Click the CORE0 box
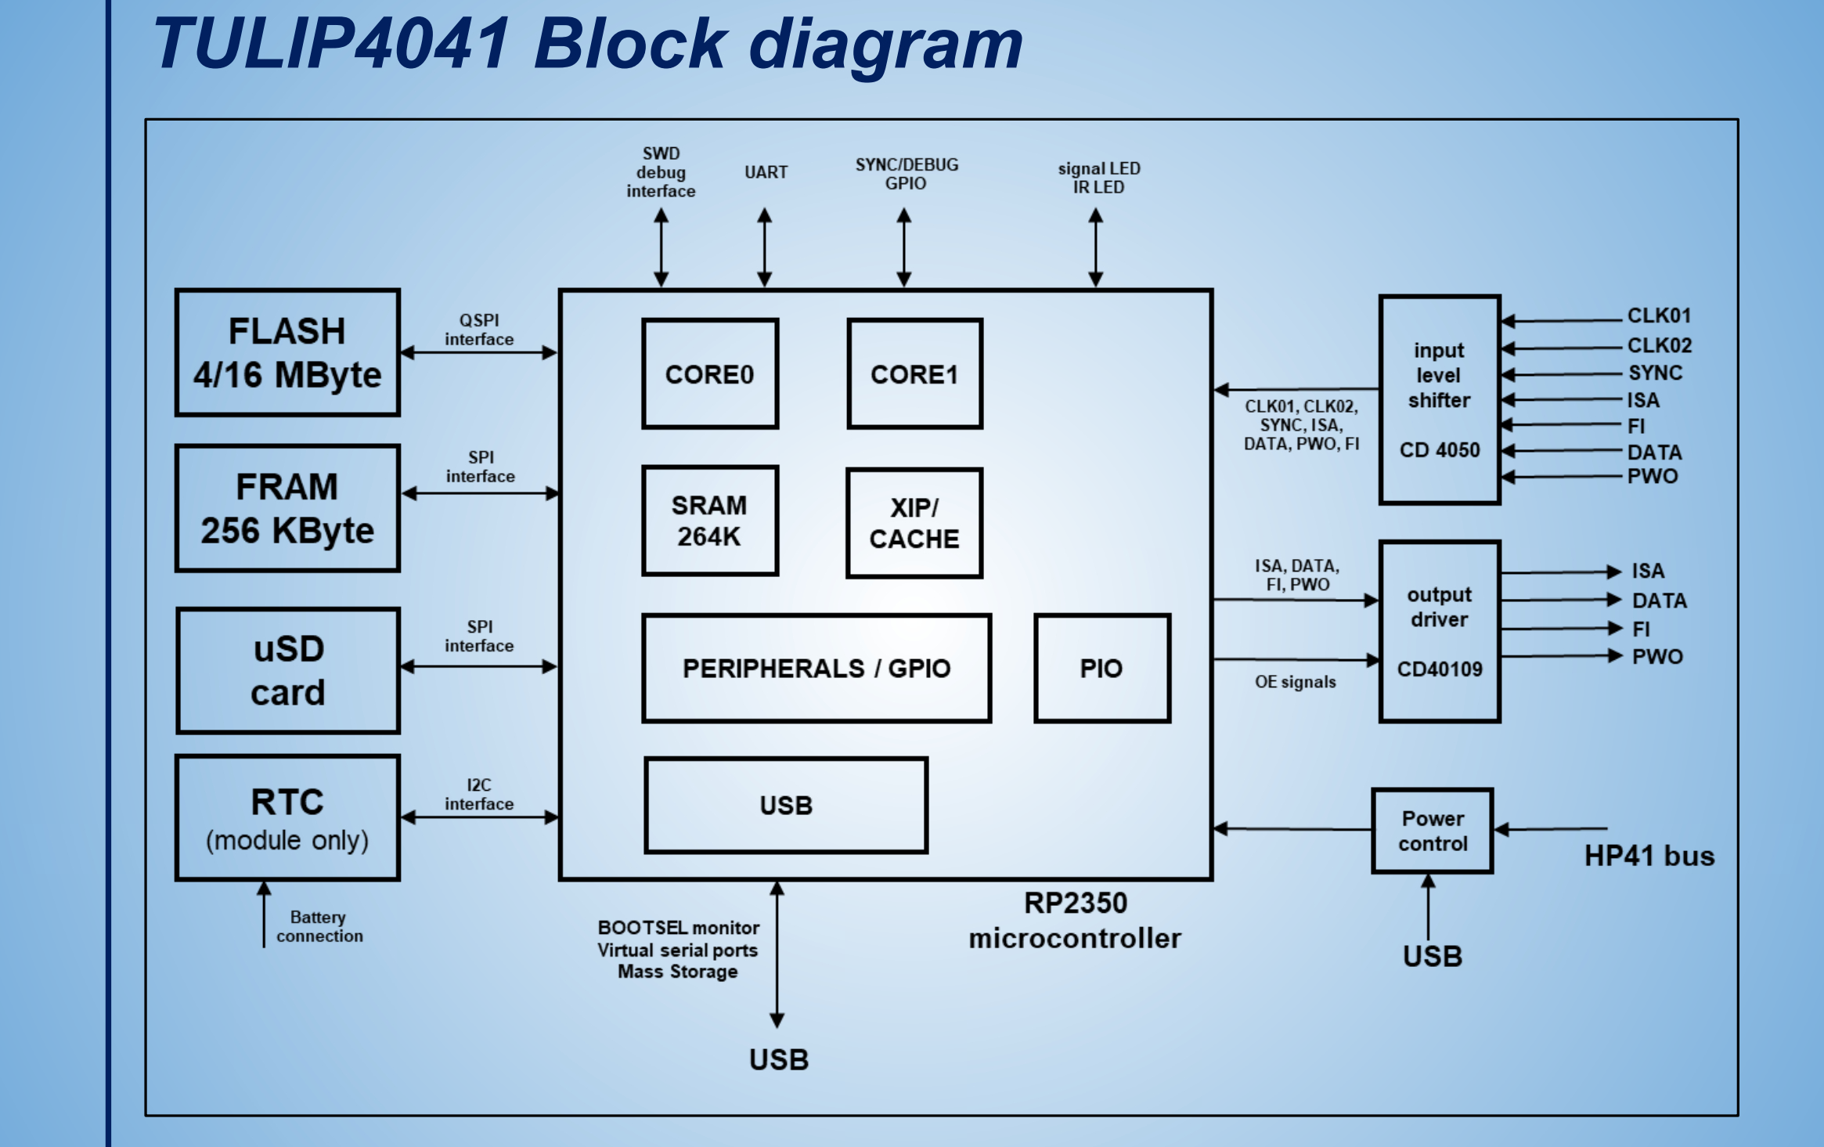pos(709,374)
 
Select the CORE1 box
pos(914,374)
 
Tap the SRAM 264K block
pos(709,521)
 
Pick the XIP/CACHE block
pos(914,523)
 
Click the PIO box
pos(1101,668)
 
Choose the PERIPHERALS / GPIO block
pos(816,668)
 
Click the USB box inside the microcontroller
pos(786,805)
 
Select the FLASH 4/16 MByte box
pos(287,352)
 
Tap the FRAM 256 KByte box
pos(287,508)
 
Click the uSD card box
pos(287,670)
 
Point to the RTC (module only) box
pos(287,817)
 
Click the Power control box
pos(1433,831)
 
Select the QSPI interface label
pos(479,330)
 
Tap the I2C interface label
pos(479,794)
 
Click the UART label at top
pos(766,172)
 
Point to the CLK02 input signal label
pos(1659,345)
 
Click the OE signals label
pos(1295,682)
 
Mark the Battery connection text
pos(319,926)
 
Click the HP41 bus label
pos(1649,856)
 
